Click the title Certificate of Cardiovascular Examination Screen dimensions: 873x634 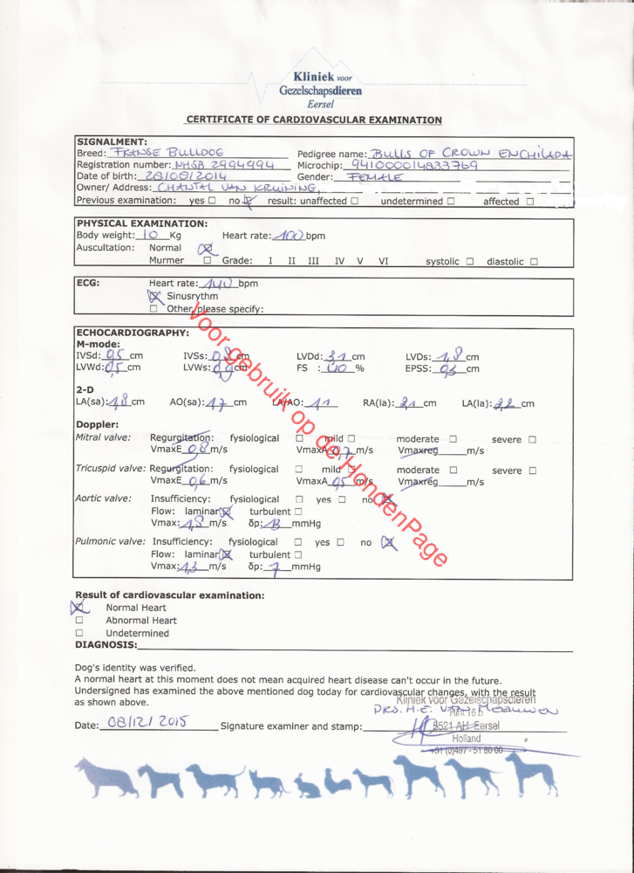coord(314,120)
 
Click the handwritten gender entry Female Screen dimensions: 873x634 coord(374,176)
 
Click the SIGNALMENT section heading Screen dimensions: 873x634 coord(112,141)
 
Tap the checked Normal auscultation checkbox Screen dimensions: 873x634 coord(206,248)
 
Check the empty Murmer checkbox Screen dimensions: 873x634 coord(207,260)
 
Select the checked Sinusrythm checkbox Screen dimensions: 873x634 coord(155,296)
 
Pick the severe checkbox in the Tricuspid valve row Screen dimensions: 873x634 coord(532,471)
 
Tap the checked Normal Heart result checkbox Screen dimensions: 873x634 coord(79,608)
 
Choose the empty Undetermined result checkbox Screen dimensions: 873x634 coord(79,633)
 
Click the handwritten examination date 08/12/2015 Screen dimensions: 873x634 coord(138,724)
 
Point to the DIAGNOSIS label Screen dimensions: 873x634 coord(106,645)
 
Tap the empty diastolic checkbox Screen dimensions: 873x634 coord(533,261)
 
